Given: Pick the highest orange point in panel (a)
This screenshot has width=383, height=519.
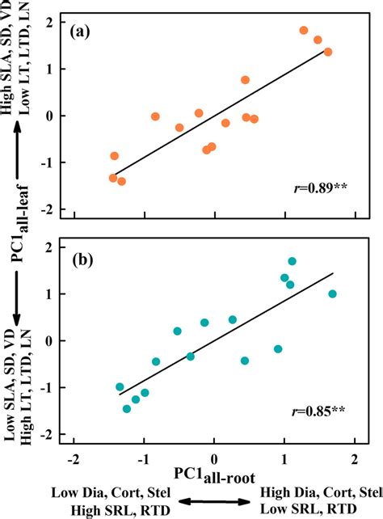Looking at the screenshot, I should click(x=304, y=31).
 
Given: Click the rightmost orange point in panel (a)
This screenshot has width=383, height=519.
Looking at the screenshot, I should click(x=328, y=52).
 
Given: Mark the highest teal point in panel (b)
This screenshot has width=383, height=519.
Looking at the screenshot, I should click(x=292, y=261).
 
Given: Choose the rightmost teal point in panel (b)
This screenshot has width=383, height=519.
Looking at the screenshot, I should click(x=332, y=294).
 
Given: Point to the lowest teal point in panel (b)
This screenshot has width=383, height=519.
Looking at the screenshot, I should click(x=127, y=409).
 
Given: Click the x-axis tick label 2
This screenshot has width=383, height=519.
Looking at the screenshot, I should click(x=354, y=458).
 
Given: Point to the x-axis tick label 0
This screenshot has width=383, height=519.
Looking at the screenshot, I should click(x=214, y=458).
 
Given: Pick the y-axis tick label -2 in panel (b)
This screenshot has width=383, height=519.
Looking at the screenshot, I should click(x=57, y=435).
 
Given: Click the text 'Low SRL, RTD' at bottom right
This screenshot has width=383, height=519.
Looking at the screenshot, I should click(x=320, y=508).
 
